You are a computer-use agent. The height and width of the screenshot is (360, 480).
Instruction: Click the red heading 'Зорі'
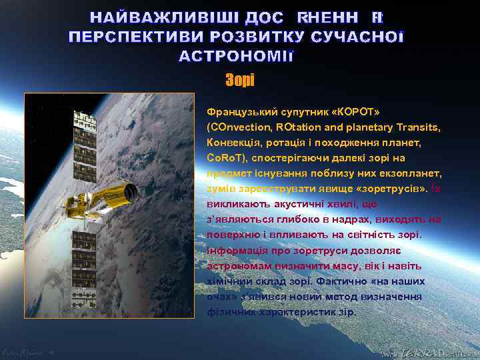239,80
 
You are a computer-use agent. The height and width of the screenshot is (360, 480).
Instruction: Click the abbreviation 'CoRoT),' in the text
228,159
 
